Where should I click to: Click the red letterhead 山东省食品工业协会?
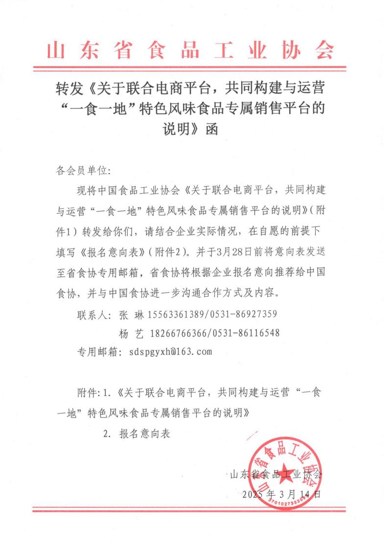pyautogui.click(x=194, y=49)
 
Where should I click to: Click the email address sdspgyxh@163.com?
pyautogui.click(x=171, y=351)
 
